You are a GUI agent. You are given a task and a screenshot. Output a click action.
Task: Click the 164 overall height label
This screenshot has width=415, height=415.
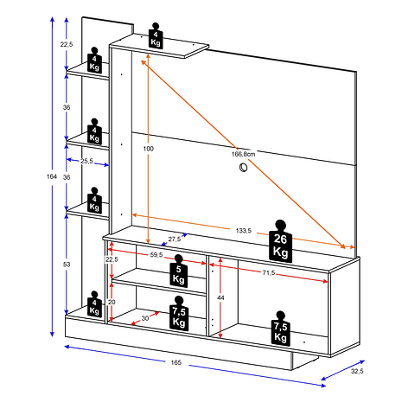[x=52, y=176]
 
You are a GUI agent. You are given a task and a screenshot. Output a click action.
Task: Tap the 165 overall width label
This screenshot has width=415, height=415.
[x=176, y=362]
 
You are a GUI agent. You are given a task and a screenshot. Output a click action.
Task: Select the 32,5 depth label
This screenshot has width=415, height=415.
[x=357, y=371]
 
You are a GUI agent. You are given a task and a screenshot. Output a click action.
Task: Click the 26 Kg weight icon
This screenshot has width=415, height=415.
[x=280, y=241]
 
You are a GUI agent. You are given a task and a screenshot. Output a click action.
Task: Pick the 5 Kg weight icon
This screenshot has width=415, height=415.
[x=179, y=271]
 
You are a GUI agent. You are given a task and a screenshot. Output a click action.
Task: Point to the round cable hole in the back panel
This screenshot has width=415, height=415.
[x=244, y=167]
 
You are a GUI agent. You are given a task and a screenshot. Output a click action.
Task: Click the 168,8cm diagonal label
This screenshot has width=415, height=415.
[x=244, y=154]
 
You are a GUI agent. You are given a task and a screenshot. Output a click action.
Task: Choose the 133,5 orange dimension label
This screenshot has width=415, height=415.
[x=244, y=231]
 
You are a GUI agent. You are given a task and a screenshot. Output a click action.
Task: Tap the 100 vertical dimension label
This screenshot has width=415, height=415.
[x=149, y=149]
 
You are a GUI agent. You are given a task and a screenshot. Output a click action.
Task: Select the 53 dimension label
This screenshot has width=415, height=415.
[x=67, y=265]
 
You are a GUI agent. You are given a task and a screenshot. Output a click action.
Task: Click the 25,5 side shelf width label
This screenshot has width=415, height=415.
[x=86, y=161]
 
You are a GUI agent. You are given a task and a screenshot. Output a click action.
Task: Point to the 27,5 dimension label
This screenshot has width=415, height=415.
[x=175, y=239]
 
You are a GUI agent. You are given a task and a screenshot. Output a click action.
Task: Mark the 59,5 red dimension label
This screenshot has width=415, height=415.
[x=156, y=255]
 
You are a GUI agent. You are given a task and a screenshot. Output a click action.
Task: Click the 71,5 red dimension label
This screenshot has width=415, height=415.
[x=269, y=272]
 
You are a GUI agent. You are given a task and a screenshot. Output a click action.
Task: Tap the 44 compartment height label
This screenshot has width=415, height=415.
[x=220, y=297]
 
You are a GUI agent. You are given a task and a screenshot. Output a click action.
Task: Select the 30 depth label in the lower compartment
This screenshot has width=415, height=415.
[x=145, y=318]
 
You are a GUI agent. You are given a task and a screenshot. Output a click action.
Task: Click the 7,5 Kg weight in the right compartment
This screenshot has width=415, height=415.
[x=280, y=328]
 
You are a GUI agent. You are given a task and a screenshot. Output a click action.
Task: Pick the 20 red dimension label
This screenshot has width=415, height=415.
[x=112, y=302]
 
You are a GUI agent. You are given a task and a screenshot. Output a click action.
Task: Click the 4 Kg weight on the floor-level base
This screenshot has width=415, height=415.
[x=94, y=304]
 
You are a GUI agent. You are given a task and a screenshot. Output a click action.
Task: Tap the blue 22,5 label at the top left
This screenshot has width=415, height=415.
[x=67, y=44]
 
